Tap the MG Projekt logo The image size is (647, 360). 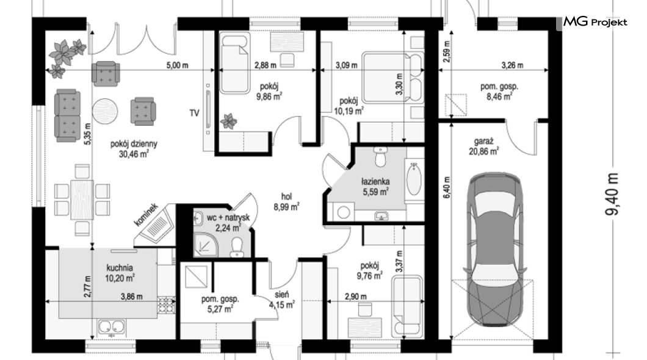595,22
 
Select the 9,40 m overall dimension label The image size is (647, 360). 612,194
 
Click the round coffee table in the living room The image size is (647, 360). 104,110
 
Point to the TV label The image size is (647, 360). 194,113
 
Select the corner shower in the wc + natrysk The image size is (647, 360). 206,243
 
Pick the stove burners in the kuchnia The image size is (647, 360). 166,306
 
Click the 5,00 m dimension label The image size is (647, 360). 177,65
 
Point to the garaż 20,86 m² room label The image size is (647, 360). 483,146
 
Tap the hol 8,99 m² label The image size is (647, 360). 286,201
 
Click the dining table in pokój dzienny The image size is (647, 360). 82,200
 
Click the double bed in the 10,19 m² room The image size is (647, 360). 392,77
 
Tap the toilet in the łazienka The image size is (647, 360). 379,156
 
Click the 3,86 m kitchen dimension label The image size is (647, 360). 132,296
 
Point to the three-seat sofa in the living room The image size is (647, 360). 67,115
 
